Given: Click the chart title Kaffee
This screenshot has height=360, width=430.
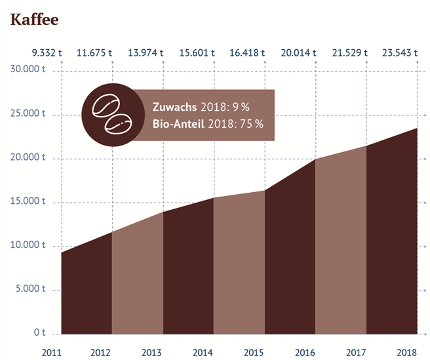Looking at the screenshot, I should click(x=35, y=20).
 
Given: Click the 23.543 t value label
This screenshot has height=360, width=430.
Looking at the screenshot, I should click(x=399, y=52).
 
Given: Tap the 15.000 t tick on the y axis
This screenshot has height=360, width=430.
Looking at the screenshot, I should click(x=28, y=202).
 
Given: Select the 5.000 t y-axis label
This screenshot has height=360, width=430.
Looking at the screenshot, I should click(x=29, y=290).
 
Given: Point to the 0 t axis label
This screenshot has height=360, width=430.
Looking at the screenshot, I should click(x=39, y=333).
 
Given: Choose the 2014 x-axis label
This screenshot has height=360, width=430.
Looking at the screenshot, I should click(x=203, y=353).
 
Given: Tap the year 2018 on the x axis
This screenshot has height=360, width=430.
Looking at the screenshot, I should click(x=407, y=353).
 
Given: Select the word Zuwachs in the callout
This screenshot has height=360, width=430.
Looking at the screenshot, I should click(x=174, y=107).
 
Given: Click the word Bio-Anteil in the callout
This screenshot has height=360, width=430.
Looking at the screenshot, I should click(x=178, y=123).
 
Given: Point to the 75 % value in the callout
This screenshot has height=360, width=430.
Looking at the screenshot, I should click(x=250, y=123).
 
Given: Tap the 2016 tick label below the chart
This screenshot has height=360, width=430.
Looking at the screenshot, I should click(x=305, y=353).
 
